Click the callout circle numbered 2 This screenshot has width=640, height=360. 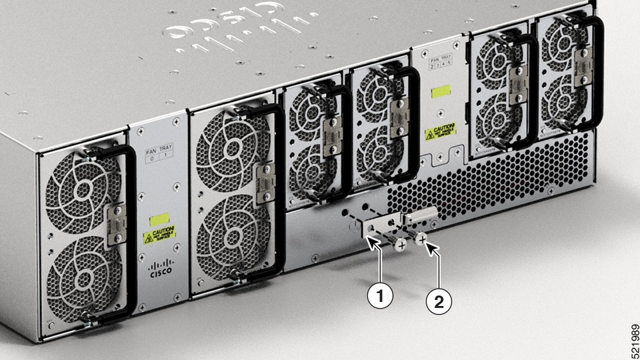point(438,302)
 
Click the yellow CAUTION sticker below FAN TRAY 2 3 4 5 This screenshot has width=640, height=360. point(440,131)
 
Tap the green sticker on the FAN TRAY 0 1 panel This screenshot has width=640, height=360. point(159,219)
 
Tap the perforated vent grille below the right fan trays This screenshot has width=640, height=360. point(493,180)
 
